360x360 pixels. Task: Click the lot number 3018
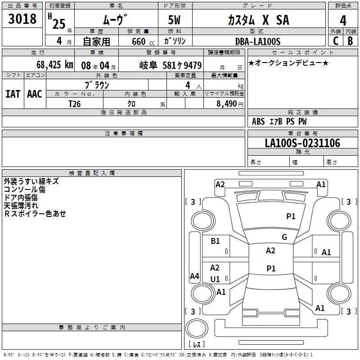(x=22, y=19)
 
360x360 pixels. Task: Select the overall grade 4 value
(x=343, y=21)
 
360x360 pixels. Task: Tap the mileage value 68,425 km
(x=55, y=65)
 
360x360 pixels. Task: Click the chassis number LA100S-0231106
(x=302, y=143)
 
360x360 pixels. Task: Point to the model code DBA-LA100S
(x=258, y=41)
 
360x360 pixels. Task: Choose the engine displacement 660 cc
(x=143, y=42)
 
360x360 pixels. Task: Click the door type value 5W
(x=174, y=20)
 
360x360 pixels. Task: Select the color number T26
(x=75, y=104)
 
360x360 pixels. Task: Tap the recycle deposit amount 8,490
(x=226, y=104)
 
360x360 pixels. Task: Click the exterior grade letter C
(x=336, y=41)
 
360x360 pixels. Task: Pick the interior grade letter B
(x=350, y=41)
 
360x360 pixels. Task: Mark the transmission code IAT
(x=13, y=94)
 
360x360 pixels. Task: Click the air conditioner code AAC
(x=35, y=94)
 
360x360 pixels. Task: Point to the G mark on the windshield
(x=284, y=237)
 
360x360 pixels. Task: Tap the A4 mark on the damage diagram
(x=194, y=276)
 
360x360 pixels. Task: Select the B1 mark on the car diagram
(x=215, y=241)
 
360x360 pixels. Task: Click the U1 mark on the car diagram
(x=215, y=279)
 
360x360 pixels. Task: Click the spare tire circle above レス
(x=197, y=328)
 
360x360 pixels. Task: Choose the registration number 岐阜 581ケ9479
(x=171, y=65)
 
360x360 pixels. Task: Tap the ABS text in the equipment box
(x=258, y=121)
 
